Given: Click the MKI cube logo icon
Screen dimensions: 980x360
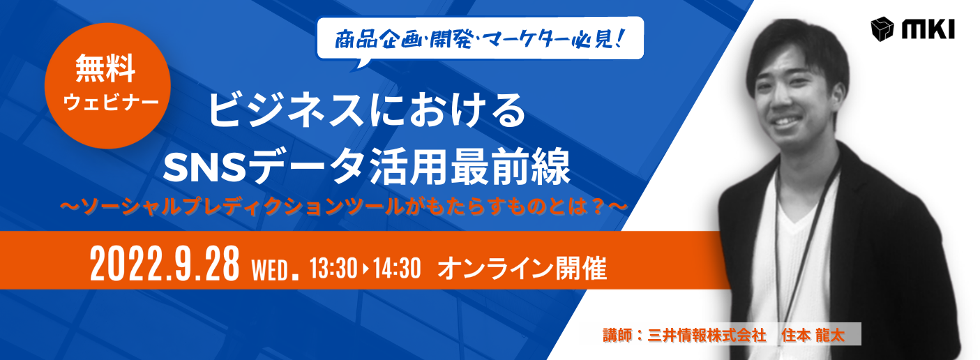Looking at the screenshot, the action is pyautogui.click(x=882, y=29).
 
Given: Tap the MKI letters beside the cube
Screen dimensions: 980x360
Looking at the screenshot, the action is pyautogui.click(x=928, y=31).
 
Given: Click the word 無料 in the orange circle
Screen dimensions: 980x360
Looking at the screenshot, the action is pyautogui.click(x=105, y=68).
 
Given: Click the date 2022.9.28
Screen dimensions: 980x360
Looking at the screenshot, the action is pyautogui.click(x=165, y=264).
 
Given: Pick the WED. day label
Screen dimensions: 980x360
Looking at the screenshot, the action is pyautogui.click(x=275, y=270).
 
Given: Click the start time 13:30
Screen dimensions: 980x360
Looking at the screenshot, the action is pyautogui.click(x=333, y=268).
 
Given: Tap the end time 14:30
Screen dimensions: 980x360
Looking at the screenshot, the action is pyautogui.click(x=397, y=268).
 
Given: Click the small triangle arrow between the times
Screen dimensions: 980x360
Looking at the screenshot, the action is pyautogui.click(x=365, y=269).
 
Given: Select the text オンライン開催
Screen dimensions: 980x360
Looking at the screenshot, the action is pyautogui.click(x=522, y=268).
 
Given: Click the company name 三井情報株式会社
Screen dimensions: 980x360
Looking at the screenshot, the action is pyautogui.click(x=707, y=335).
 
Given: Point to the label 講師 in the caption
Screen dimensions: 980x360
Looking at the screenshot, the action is pyautogui.click(x=617, y=335).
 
